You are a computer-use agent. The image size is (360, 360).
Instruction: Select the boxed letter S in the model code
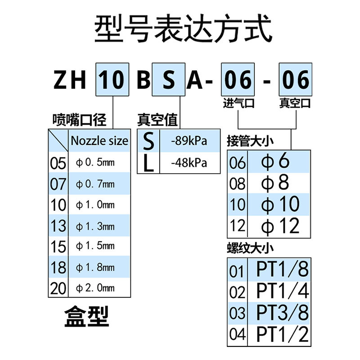pyautogui.click(x=168, y=80)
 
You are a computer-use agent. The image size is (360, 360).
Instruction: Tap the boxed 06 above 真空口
pyautogui.click(x=296, y=80)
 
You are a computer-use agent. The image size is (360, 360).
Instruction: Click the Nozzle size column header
pyautogui.click(x=99, y=141)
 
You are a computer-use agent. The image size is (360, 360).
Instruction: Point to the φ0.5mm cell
pyautogui.click(x=95, y=163)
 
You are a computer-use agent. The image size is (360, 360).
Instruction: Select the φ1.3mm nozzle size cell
pyautogui.click(x=95, y=225)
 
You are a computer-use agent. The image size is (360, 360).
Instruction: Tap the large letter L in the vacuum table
pyautogui.click(x=148, y=163)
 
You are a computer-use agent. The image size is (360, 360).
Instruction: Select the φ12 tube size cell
pyautogui.click(x=280, y=225)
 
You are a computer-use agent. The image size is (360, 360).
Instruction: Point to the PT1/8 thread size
pyautogui.click(x=283, y=270)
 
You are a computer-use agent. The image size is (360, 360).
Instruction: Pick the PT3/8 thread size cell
pyautogui.click(x=283, y=312)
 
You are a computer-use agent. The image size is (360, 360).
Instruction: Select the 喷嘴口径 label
pyautogui.click(x=79, y=120)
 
